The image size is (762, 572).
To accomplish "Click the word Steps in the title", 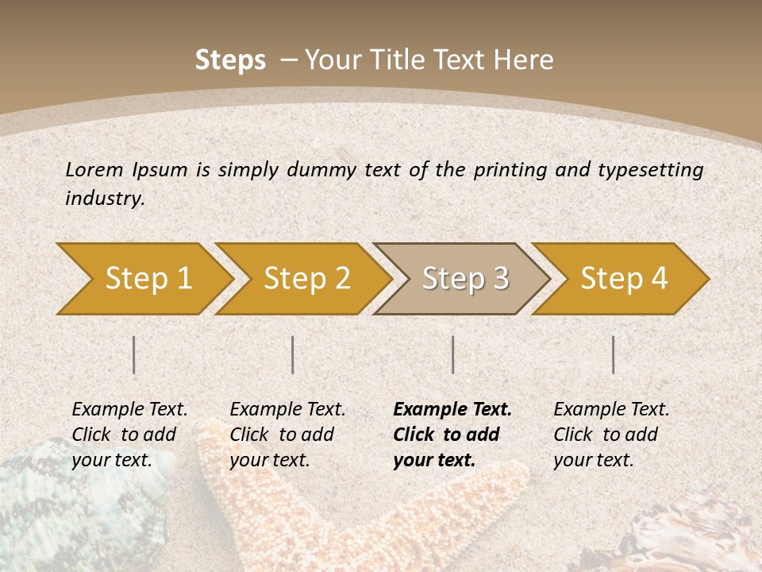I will click(x=230, y=60).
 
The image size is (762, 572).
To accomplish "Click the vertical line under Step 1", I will click(x=134, y=354).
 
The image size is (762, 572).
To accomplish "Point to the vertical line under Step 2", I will click(x=293, y=354).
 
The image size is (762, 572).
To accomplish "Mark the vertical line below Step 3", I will click(x=452, y=354).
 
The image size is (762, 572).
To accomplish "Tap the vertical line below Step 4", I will click(x=613, y=354).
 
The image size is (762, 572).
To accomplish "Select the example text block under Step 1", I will click(x=129, y=435).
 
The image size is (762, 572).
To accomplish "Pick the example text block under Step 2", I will click(x=287, y=435).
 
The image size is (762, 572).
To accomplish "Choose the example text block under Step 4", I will click(x=611, y=435).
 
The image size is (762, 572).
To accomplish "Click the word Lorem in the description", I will click(x=94, y=169).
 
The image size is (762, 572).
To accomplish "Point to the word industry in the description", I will click(x=105, y=199).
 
